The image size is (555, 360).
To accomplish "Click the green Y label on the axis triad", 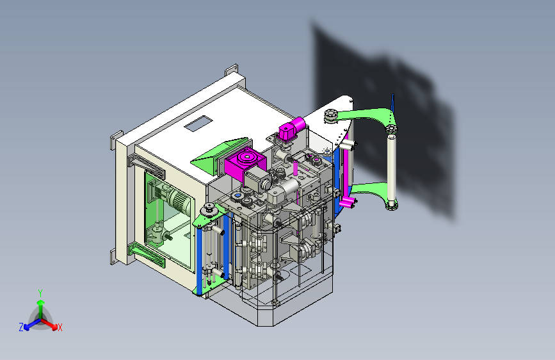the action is tap(40, 293).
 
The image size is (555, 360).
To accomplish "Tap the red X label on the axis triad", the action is tap(60, 328).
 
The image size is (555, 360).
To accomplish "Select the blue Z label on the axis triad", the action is tap(21, 327).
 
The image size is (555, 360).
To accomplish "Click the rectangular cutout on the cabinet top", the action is tap(198, 123).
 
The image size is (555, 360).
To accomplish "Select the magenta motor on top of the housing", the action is tap(291, 129).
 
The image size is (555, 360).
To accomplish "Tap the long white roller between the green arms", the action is tap(392, 168).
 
